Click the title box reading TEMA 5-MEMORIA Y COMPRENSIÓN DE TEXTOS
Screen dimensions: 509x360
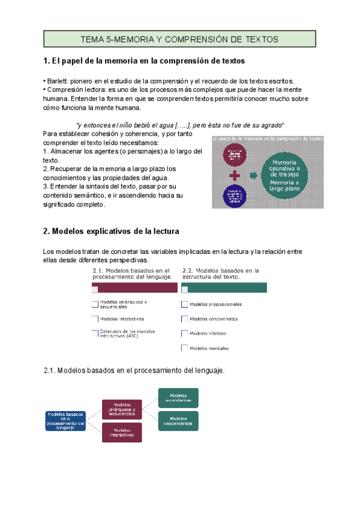[179, 39]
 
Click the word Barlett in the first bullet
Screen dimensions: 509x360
[58, 81]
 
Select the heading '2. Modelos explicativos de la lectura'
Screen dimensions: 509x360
[111, 231]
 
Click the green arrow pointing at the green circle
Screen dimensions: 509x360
[254, 175]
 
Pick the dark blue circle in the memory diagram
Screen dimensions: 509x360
[235, 197]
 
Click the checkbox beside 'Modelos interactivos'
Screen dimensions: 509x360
[95, 319]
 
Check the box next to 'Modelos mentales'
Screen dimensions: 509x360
[185, 348]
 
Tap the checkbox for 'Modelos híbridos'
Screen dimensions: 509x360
[185, 333]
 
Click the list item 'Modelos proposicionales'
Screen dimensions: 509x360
[215, 304]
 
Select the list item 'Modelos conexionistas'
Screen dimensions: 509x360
[214, 319]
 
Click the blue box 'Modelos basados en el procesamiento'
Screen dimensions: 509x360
[65, 421]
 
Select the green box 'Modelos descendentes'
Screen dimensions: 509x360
[178, 421]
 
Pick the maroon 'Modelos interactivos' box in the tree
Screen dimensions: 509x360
[122, 432]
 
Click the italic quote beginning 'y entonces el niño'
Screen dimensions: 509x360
[180, 124]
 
